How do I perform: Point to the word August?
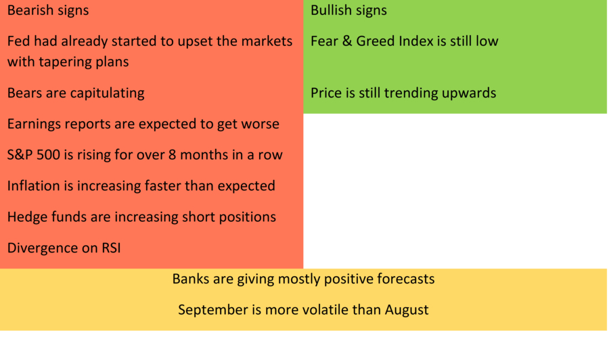407,310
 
